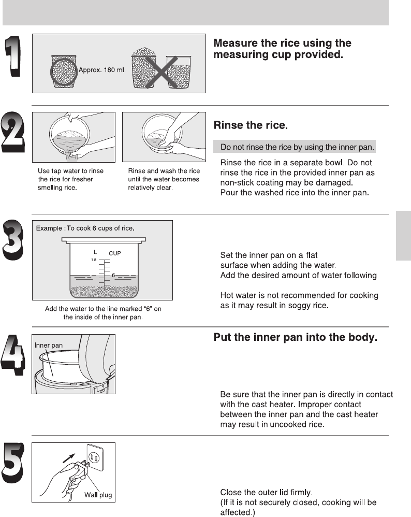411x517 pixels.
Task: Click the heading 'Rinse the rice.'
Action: point(251,126)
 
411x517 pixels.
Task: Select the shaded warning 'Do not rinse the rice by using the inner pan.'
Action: point(295,147)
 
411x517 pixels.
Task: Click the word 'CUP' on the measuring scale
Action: point(115,253)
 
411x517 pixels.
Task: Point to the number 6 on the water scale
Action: point(112,276)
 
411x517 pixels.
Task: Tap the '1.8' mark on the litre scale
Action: point(94,260)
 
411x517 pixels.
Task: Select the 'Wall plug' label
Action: point(98,494)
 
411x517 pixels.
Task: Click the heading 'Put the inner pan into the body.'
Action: point(296,338)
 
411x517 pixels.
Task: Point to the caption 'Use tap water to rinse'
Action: point(70,171)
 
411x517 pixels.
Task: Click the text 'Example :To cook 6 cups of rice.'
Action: point(85,228)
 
